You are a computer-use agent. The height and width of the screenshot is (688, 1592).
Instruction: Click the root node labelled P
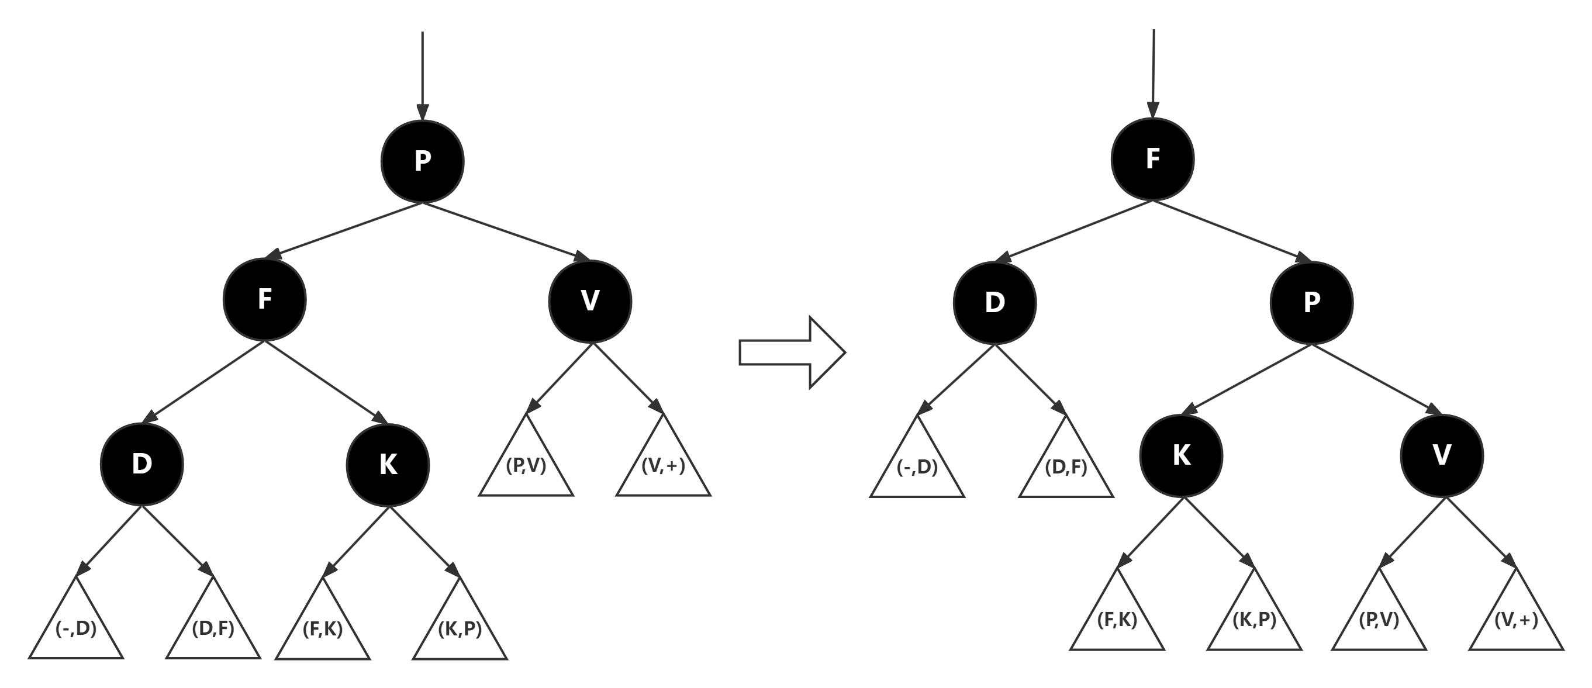[x=422, y=161]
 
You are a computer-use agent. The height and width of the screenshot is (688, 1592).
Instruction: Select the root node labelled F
[x=1152, y=159]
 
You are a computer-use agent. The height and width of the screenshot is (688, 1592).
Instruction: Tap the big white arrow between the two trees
[x=792, y=353]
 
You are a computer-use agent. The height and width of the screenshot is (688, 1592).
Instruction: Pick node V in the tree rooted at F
[x=1442, y=455]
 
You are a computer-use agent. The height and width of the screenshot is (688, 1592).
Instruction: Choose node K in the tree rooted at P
[x=388, y=464]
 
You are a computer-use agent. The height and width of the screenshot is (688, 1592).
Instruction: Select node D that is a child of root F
[x=994, y=302]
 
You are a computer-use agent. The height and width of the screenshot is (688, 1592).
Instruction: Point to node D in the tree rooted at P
[x=142, y=464]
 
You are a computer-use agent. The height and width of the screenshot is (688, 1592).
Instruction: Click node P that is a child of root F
[x=1311, y=302]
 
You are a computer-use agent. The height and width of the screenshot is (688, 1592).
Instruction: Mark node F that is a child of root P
[x=264, y=299]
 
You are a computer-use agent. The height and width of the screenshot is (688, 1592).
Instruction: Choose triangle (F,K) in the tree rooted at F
[x=1117, y=618]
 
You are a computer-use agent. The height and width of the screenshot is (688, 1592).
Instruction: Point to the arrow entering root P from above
[x=422, y=74]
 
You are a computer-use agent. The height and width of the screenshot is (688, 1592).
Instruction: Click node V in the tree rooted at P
[x=590, y=300]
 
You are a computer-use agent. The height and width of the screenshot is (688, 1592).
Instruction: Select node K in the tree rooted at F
[x=1181, y=455]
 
